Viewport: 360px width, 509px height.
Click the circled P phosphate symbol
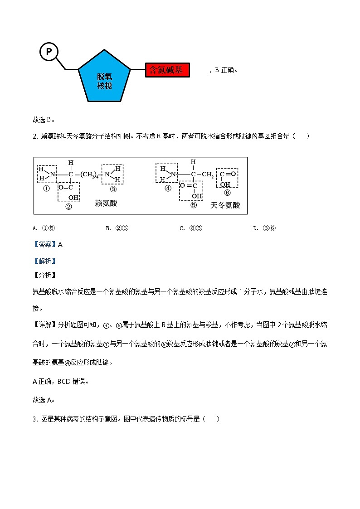tap(49, 52)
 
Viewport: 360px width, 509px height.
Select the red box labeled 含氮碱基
tap(166, 70)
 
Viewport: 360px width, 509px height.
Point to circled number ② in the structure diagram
tap(68, 207)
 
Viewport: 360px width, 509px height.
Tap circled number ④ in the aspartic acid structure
tap(168, 189)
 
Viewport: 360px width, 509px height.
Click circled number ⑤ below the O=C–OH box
tap(193, 205)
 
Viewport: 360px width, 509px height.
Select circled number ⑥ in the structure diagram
tap(227, 193)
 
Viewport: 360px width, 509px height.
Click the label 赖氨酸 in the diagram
tap(106, 204)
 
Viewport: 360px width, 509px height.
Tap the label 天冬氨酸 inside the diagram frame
tap(225, 205)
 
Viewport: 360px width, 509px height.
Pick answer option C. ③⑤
tap(191, 228)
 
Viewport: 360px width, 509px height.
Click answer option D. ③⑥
tap(264, 228)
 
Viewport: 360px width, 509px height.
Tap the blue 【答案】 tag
tap(44, 244)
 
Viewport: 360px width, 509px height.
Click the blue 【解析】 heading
tap(44, 261)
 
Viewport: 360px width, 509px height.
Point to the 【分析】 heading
tap(44, 275)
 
